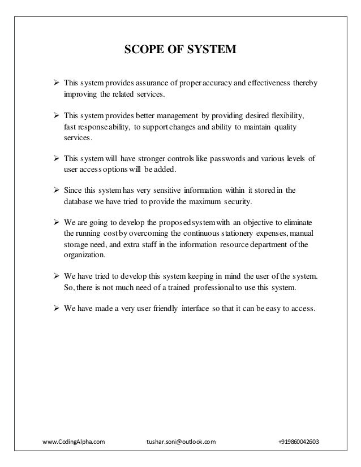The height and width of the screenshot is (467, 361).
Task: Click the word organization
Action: (85, 254)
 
